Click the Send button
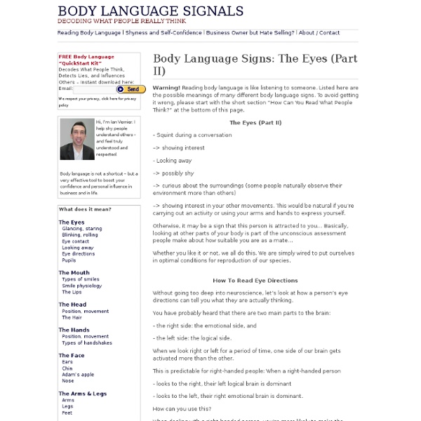131,89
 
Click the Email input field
94,89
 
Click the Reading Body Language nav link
89,32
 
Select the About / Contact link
319,32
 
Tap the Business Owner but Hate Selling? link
250,32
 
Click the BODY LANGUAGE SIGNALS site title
150,11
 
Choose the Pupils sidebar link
69,260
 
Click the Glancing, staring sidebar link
81,229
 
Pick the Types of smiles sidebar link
81,279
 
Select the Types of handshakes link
88,342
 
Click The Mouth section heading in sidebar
74,273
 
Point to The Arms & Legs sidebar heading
82,394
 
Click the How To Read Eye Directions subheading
255,280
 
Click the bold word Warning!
166,87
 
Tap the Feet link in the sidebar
67,413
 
